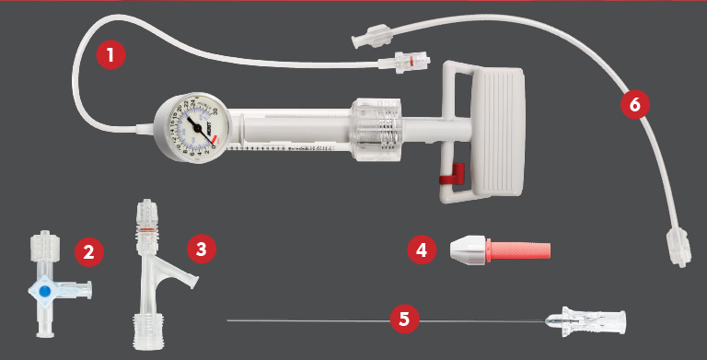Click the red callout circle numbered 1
click(x=110, y=55)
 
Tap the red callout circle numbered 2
click(x=87, y=250)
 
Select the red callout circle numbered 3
click(x=201, y=248)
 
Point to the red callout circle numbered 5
click(x=403, y=319)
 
